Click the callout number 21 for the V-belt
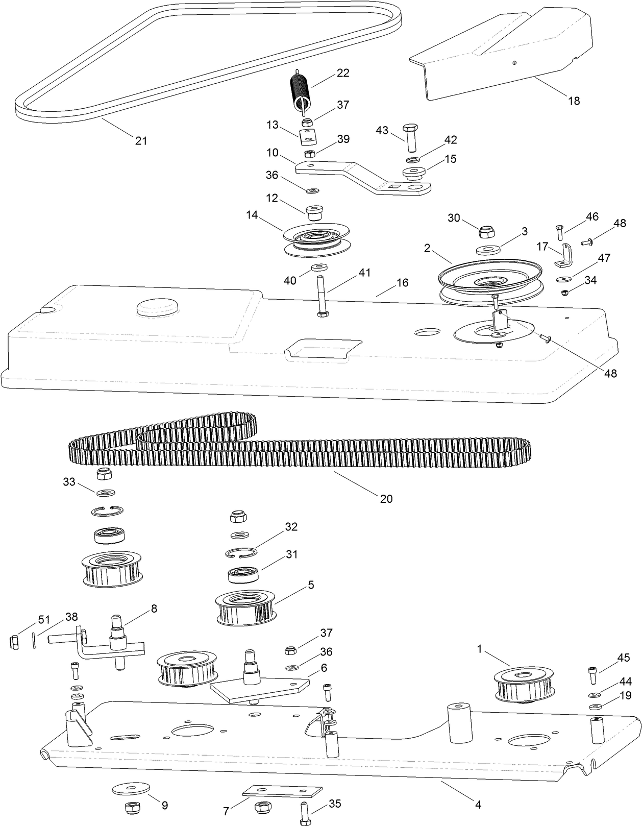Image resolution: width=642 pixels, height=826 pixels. point(141,140)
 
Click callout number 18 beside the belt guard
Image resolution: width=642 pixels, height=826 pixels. point(574,101)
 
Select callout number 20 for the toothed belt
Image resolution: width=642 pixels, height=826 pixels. point(386,498)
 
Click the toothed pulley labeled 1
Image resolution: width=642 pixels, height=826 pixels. point(524,683)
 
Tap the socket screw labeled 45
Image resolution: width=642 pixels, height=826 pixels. point(592,675)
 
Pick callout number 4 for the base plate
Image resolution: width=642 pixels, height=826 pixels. point(478,805)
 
